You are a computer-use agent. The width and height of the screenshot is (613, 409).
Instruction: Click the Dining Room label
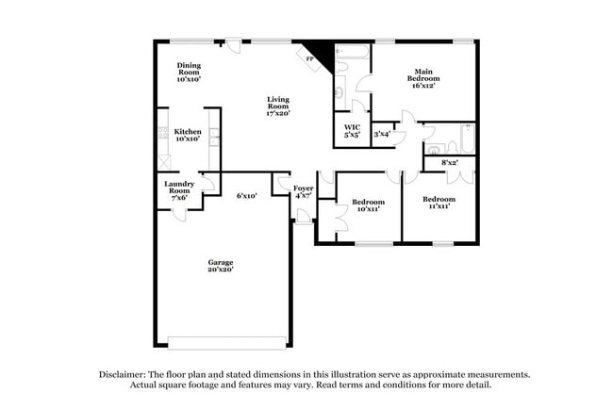tap(189, 73)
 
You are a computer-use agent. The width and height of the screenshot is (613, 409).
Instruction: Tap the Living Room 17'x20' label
tap(278, 106)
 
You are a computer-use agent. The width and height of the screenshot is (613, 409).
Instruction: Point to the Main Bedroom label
tap(423, 78)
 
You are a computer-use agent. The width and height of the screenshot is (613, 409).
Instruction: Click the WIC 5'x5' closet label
tap(352, 131)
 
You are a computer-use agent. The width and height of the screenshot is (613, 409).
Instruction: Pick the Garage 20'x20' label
tap(221, 266)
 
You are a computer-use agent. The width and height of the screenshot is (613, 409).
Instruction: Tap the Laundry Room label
tap(179, 190)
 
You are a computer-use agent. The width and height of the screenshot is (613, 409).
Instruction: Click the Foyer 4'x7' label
tap(304, 192)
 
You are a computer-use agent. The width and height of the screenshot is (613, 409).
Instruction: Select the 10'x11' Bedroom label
tap(368, 205)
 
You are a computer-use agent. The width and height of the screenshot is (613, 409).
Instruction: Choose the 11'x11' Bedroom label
tap(439, 203)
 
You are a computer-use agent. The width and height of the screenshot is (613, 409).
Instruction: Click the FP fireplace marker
tap(309, 59)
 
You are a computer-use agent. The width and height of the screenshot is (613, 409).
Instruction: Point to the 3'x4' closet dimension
tap(382, 134)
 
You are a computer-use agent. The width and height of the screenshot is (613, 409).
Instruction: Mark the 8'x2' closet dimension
tap(450, 162)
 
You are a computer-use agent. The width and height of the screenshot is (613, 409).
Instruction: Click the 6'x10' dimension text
tap(247, 196)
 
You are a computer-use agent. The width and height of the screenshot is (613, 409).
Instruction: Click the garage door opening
tap(226, 342)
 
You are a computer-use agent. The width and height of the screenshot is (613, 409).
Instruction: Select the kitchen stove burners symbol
tap(163, 133)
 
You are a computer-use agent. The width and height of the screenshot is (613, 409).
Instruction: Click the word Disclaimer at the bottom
tap(123, 374)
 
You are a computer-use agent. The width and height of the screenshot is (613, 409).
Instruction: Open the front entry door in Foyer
tap(304, 216)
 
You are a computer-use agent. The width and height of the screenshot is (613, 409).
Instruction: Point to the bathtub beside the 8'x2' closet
tap(468, 139)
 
